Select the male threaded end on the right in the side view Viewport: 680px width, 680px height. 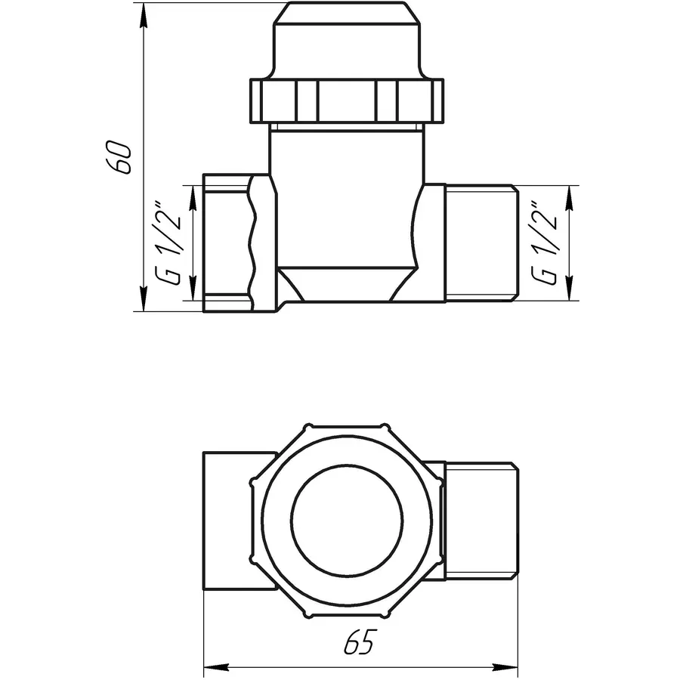[x=481, y=243]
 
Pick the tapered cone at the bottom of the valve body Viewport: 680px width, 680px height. [x=346, y=286]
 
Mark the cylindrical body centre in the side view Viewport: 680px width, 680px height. [x=346, y=196]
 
